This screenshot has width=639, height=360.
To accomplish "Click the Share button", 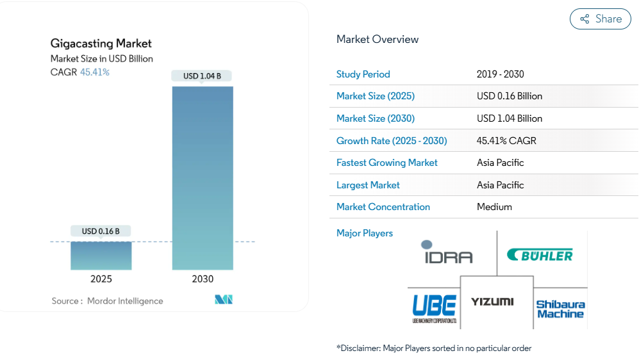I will coord(601,19).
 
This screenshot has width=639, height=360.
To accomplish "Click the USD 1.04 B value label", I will coord(202,76).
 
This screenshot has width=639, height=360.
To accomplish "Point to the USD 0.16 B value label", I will coord(101,231).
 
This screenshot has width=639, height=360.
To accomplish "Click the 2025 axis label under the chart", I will coord(101,279).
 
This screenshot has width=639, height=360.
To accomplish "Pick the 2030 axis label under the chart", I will coord(203,279).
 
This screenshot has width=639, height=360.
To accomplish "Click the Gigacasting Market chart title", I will coord(101,44).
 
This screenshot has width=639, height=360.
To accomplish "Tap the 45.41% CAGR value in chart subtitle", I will coord(94,72).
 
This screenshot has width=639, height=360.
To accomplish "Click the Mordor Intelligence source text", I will coord(125,301).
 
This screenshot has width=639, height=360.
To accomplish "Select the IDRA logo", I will coord(447,252).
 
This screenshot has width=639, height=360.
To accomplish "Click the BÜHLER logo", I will coord(540,256).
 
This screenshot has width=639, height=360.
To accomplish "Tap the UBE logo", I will coord(434,307).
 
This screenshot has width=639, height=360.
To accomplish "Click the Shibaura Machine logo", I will coord(560,309).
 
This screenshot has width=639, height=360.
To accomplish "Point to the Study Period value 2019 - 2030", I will coord(500,74).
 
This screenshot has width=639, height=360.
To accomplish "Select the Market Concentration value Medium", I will coord(494,207).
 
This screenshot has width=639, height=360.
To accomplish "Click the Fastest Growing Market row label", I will coord(386,163).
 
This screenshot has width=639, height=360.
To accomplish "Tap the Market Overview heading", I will coord(378,39).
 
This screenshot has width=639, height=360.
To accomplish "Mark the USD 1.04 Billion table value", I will coord(510,119).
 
